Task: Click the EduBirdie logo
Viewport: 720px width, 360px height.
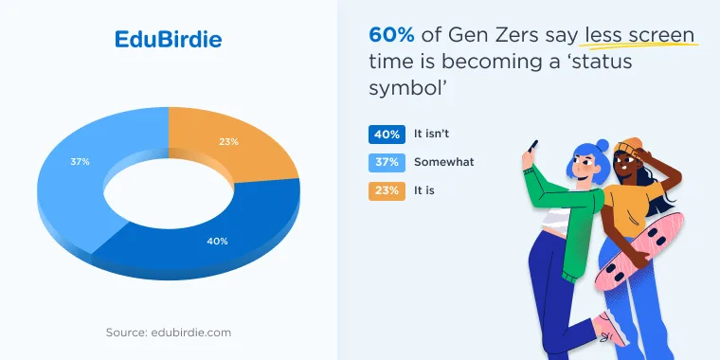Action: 168,40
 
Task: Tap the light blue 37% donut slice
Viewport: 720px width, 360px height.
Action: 78,184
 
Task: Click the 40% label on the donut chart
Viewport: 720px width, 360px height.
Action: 217,241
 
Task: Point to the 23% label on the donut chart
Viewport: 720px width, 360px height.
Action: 228,142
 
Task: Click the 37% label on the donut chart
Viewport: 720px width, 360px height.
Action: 80,162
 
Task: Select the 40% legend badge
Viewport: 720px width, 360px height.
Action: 387,135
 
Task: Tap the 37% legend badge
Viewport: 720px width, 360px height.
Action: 387,163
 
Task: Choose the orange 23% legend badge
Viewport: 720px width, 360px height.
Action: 387,191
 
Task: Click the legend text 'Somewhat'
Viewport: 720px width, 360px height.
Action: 444,162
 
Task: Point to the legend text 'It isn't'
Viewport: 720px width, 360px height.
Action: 431,135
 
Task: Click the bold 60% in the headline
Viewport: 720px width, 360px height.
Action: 391,35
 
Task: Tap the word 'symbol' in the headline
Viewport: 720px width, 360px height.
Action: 405,88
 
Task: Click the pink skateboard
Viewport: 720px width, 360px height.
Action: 639,251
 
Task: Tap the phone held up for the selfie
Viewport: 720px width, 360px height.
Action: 532,147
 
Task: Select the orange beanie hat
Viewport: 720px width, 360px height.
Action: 628,146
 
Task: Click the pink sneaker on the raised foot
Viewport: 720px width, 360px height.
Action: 611,329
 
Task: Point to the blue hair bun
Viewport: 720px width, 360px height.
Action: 603,146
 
